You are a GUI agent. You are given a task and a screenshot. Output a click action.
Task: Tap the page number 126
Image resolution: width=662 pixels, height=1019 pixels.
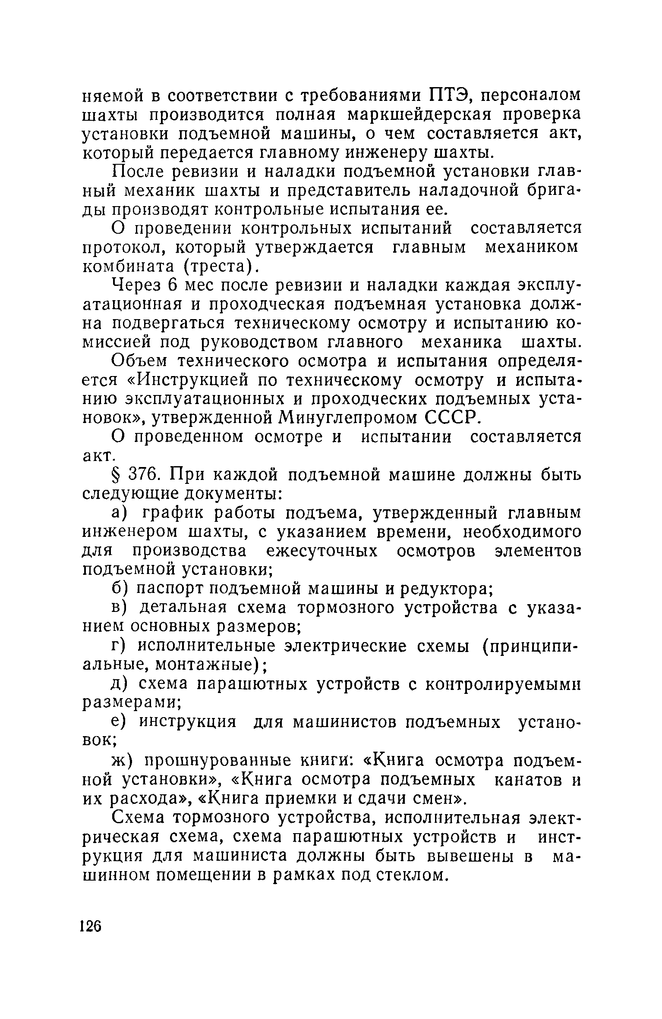[x=91, y=926]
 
